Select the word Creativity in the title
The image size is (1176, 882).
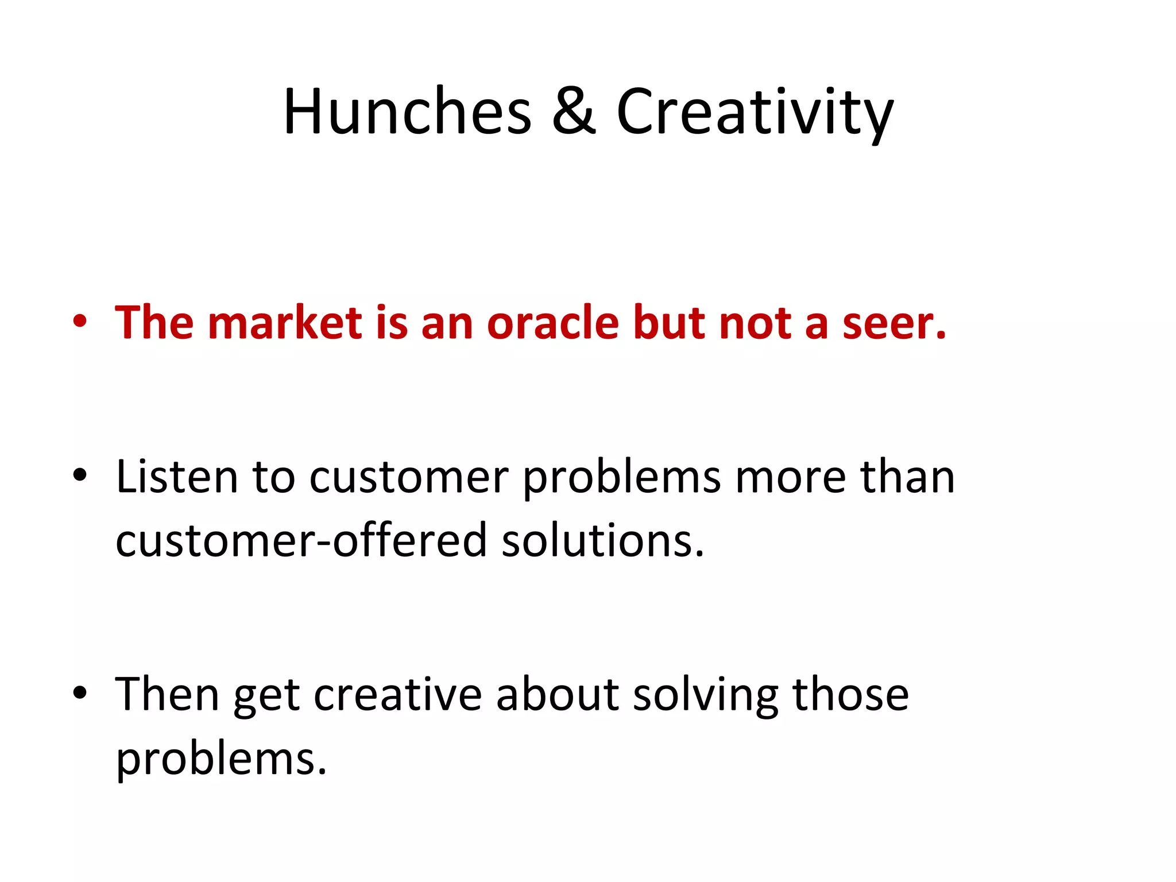(x=755, y=112)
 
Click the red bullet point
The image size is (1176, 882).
(x=80, y=322)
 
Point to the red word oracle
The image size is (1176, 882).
(x=553, y=322)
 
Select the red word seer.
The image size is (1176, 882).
(x=893, y=323)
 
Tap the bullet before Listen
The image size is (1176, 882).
(x=80, y=475)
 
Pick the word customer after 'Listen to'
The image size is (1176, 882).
(x=408, y=477)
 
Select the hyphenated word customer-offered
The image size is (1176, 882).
(x=301, y=540)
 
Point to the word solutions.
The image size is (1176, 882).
(x=602, y=540)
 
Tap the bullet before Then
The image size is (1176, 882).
(x=80, y=693)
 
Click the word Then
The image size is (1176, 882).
(x=167, y=694)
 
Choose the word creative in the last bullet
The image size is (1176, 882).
(x=397, y=694)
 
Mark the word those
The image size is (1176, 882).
(x=850, y=694)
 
